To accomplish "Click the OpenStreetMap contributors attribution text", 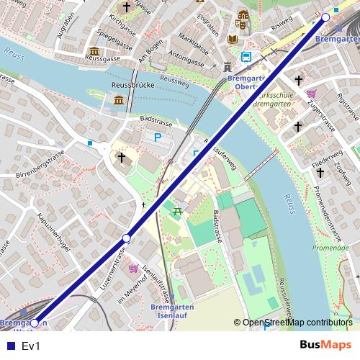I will pos(297,323).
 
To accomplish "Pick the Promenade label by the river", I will pos(333,248).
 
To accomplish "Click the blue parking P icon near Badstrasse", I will pos(157,137).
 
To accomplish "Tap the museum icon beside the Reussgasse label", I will pos(94,51).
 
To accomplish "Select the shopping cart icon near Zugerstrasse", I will pos(311,94).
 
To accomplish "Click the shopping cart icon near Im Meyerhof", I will pos(133,269).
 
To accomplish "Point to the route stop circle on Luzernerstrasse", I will pos(127,238).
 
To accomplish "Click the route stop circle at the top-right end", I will pos(325,17).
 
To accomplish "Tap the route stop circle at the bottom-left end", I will pos(34,323).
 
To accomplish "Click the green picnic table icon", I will pos(178,210).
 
